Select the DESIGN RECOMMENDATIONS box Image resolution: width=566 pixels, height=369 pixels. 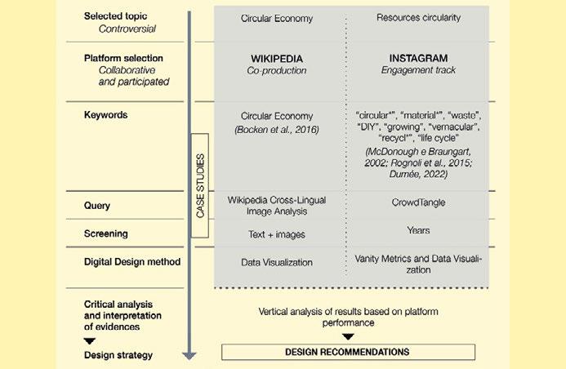347,352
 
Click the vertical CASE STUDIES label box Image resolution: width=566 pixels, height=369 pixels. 200,184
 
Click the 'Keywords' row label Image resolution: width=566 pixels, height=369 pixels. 106,115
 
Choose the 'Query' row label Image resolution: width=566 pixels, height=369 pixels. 97,206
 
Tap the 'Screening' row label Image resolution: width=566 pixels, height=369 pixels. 106,233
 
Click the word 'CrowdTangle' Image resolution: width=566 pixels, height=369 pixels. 419,202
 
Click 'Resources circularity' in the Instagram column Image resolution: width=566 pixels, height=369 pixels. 419,17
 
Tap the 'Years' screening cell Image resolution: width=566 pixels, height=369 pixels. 419,230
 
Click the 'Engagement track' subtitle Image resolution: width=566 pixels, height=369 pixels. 420,71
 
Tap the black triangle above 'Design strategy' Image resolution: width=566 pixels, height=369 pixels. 90,340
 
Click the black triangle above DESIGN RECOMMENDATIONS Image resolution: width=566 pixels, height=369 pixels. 348,336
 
